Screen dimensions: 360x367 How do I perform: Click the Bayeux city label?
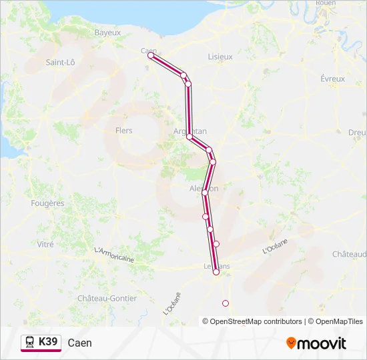point(107,32)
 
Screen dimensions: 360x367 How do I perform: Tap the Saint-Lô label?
point(60,62)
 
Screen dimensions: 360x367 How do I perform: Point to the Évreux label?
point(332,79)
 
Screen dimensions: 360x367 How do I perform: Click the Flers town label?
point(124,131)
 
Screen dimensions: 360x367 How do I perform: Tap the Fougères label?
point(47,203)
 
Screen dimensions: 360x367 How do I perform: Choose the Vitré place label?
point(45,245)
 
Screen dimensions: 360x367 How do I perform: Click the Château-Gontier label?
point(107,298)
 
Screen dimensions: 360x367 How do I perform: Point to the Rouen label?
point(326,3)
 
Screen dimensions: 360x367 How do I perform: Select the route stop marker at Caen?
point(151,56)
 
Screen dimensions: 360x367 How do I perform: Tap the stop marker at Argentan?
point(190,137)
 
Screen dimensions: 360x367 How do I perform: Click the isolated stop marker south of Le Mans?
point(225,303)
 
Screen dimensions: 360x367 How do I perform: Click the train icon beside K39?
point(30,342)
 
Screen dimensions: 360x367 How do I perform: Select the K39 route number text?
point(49,342)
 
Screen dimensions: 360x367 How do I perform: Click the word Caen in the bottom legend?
point(80,343)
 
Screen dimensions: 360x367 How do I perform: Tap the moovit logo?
point(316,343)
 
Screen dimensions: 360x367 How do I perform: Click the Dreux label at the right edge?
point(358,132)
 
